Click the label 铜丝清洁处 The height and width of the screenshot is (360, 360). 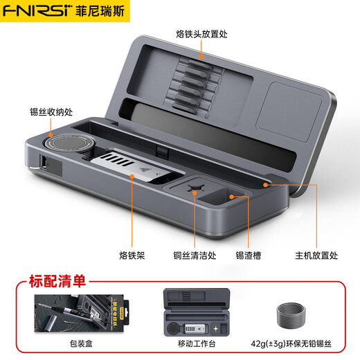click(x=195, y=255)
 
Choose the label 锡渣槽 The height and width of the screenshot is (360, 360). click(x=247, y=255)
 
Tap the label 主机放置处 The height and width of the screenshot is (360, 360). click(x=316, y=255)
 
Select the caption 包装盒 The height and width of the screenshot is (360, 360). click(x=69, y=341)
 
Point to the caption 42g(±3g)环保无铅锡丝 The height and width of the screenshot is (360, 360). click(x=291, y=341)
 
